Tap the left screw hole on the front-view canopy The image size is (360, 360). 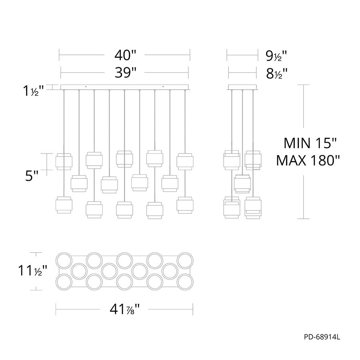point(86,87)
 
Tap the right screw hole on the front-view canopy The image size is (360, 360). point(163,87)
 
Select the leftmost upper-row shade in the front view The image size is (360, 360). point(64,161)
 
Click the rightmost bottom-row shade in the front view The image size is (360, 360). point(185,204)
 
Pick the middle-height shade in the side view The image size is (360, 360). point(242,183)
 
